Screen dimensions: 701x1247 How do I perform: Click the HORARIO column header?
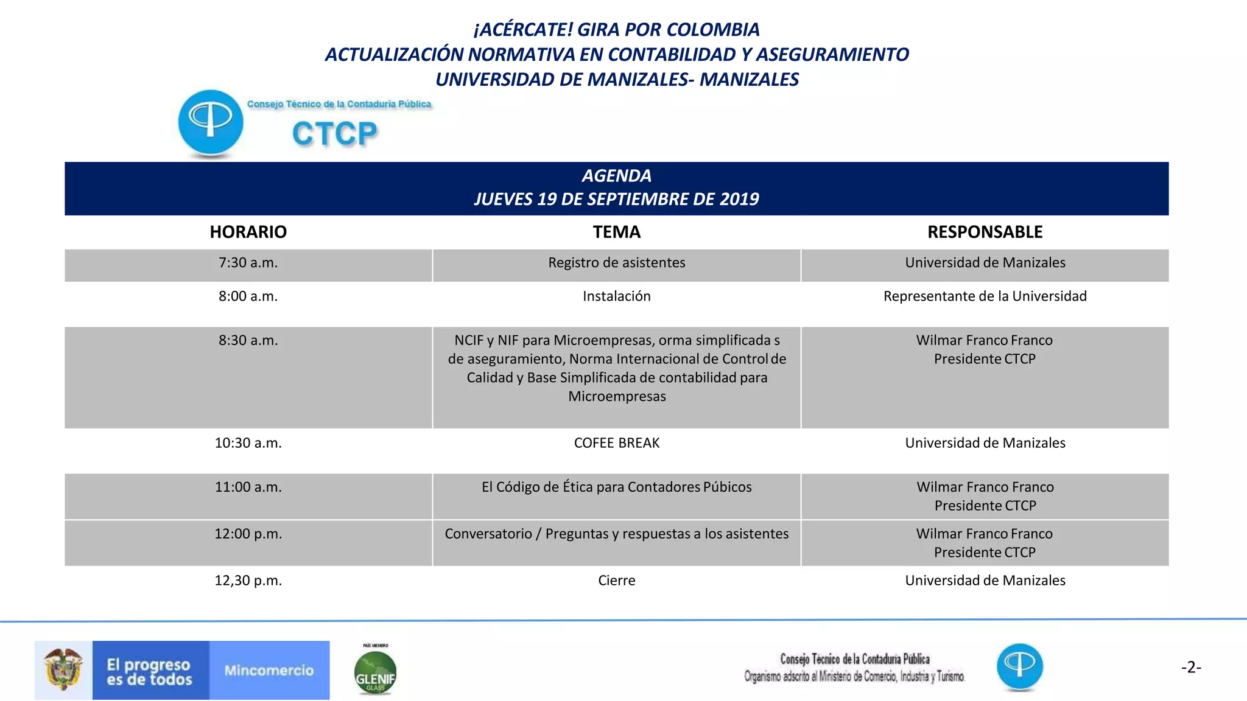[248, 232]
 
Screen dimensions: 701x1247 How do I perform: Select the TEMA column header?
[616, 232]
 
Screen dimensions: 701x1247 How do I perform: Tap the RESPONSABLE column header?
[985, 232]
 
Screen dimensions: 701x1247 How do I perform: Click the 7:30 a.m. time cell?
[248, 263]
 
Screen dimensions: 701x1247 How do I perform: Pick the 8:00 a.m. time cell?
[248, 296]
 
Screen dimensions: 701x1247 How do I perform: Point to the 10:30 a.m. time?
[248, 443]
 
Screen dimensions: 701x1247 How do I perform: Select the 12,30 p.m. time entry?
[248, 581]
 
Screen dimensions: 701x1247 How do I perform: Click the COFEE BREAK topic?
[616, 443]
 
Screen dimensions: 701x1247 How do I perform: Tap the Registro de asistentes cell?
[616, 263]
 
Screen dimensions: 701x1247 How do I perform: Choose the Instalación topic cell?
[616, 296]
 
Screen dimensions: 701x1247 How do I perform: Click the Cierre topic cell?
[616, 581]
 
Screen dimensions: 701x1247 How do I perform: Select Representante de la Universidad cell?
[985, 296]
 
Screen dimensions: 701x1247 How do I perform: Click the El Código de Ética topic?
[616, 487]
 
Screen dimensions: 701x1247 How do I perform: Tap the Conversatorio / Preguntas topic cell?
[616, 534]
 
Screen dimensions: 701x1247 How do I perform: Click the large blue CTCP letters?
[334, 134]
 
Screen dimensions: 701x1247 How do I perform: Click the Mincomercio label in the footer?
[269, 671]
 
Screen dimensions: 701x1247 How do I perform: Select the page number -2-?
[1191, 668]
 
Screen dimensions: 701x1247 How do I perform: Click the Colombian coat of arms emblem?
[63, 669]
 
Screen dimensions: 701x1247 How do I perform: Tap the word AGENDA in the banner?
[616, 176]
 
